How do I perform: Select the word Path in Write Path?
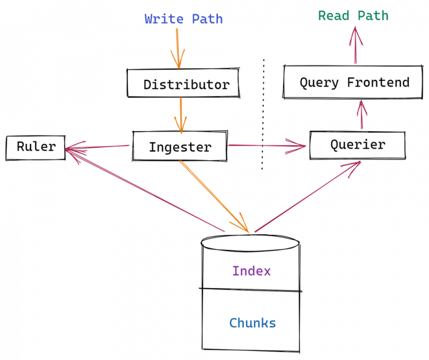click(207, 20)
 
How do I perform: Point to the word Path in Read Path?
click(373, 16)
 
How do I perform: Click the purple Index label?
click(252, 272)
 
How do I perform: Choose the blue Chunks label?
click(252, 323)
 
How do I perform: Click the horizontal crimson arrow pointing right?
click(266, 146)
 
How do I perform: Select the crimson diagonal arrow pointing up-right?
click(307, 196)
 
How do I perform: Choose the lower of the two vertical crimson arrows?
click(362, 115)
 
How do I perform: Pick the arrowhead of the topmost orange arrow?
click(178, 60)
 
